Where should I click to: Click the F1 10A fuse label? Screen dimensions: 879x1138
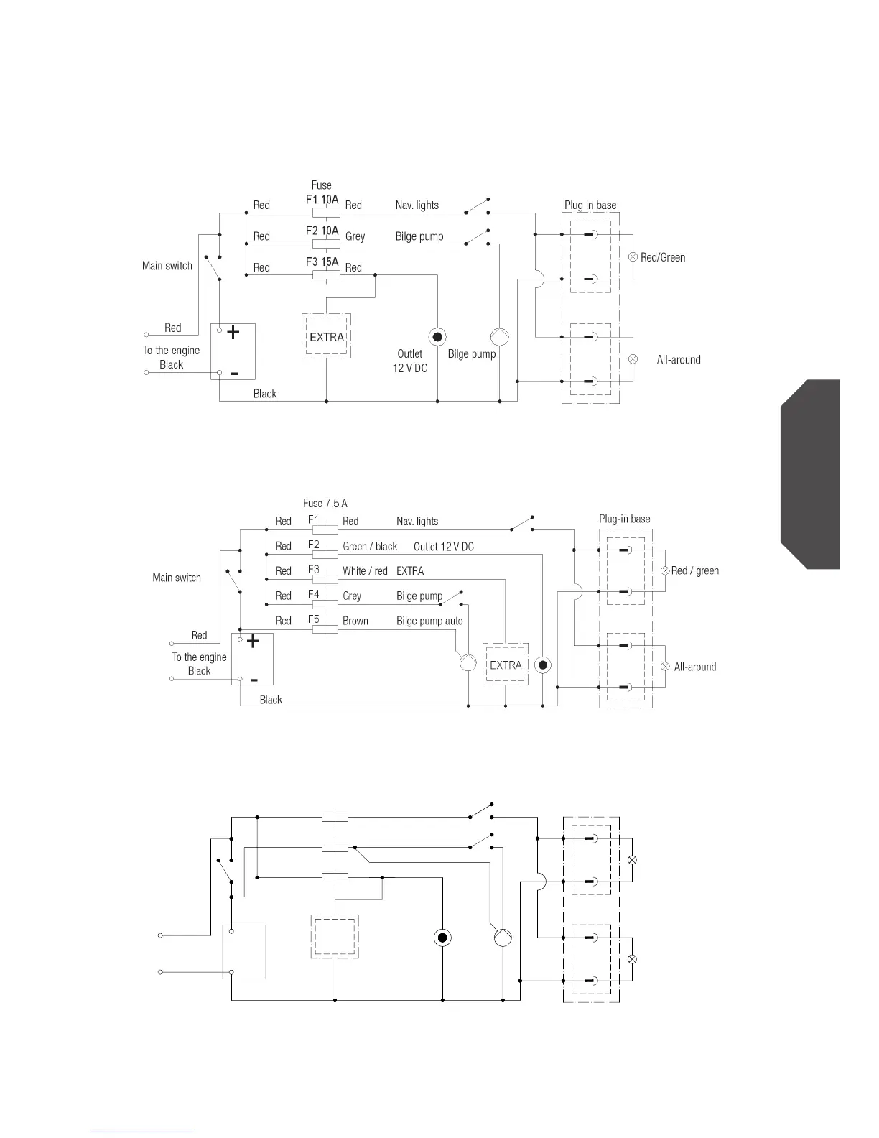(322, 199)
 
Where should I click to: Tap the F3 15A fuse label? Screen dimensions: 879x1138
(322, 262)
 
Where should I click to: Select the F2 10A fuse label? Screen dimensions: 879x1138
(322, 231)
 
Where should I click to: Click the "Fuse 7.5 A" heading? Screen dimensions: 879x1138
(325, 504)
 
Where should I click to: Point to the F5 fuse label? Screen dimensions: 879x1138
(313, 619)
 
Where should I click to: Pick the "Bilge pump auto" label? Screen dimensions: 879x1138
(429, 621)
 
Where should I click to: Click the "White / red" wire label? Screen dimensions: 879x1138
(365, 571)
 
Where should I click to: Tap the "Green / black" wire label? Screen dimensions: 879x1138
(370, 547)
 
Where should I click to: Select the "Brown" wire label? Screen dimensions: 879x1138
(355, 621)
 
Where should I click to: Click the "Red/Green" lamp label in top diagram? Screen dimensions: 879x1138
(663, 257)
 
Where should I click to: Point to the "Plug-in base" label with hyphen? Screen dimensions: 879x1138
(625, 519)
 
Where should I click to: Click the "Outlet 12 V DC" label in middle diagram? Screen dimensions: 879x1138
(444, 547)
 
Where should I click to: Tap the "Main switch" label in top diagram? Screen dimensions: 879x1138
(167, 266)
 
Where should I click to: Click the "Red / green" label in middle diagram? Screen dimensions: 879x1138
(695, 571)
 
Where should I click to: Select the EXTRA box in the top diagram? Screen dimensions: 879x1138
(327, 337)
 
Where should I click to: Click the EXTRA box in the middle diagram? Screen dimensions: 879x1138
(506, 665)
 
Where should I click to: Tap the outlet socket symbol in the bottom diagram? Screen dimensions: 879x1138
(442, 938)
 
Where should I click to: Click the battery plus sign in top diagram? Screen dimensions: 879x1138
(233, 333)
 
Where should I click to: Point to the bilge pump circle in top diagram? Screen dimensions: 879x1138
(500, 336)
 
